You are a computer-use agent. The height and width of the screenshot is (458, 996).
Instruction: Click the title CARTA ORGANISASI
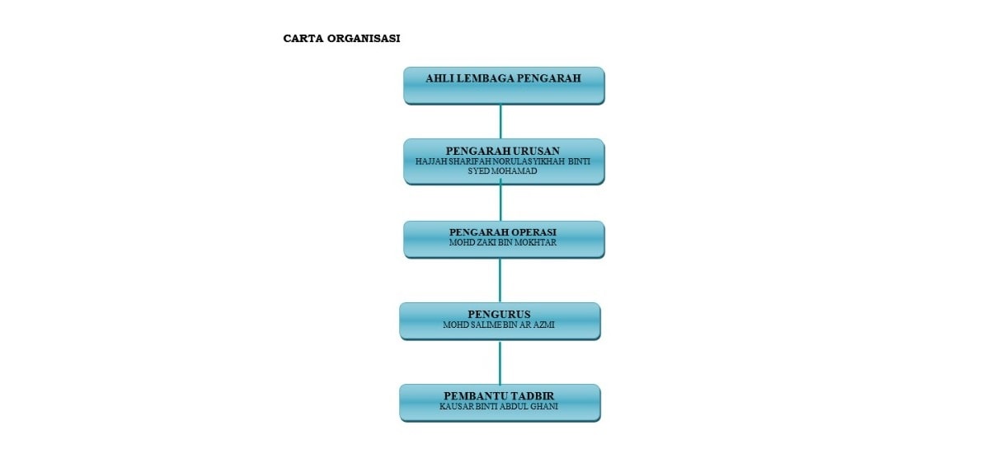click(x=341, y=38)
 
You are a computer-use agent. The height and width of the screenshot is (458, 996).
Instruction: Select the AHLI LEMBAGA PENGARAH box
click(x=504, y=86)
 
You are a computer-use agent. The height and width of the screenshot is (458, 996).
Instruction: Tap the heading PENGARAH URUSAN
click(x=503, y=151)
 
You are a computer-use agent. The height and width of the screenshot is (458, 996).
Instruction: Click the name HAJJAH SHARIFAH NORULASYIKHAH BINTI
click(x=503, y=161)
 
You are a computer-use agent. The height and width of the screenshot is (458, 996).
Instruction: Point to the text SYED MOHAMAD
click(x=502, y=171)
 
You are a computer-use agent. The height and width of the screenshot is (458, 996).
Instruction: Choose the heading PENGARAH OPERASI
click(x=503, y=232)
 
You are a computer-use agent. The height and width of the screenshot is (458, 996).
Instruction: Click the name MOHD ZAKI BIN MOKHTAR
click(x=503, y=242)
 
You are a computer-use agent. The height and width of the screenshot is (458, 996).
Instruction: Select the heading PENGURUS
click(x=500, y=314)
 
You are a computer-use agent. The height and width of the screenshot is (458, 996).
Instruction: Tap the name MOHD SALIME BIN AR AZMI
click(x=499, y=325)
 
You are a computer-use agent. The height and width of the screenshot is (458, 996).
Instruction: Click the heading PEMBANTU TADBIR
click(x=499, y=396)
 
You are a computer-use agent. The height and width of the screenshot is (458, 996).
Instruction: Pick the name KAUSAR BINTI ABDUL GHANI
click(x=499, y=406)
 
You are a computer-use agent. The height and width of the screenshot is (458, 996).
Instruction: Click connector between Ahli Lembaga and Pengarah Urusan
click(x=500, y=122)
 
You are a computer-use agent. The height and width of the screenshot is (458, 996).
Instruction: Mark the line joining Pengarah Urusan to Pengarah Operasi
click(x=500, y=203)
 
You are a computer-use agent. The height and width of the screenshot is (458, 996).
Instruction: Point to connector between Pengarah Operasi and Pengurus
click(x=500, y=280)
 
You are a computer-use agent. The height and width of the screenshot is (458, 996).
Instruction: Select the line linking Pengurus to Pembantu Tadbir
click(x=500, y=362)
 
